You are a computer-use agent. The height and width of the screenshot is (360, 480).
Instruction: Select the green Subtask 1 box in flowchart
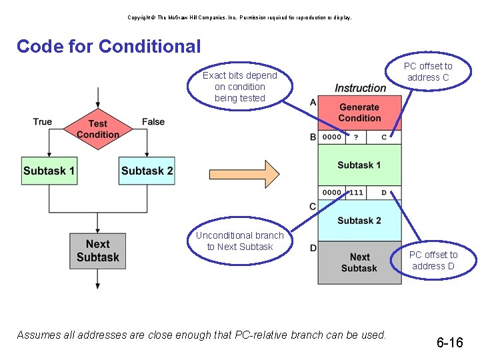pyautogui.click(x=49, y=171)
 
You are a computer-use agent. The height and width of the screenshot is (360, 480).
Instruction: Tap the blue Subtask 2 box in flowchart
pyautogui.click(x=147, y=171)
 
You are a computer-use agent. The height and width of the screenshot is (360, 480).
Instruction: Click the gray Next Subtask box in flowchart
pyautogui.click(x=97, y=251)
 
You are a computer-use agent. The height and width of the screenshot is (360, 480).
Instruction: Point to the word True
pyautogui.click(x=42, y=121)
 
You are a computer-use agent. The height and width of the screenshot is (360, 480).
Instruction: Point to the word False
pyautogui.click(x=153, y=121)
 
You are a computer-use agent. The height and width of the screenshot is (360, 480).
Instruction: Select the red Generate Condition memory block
pyautogui.click(x=359, y=113)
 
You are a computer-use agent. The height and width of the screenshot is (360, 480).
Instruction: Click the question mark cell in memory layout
pyautogui.click(x=356, y=137)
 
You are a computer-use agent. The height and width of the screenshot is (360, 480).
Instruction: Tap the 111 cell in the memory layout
pyautogui.click(x=356, y=193)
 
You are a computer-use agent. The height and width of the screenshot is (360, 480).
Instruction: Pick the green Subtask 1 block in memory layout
pyautogui.click(x=359, y=165)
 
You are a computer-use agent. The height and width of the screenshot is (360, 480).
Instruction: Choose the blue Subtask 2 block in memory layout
pyautogui.click(x=359, y=221)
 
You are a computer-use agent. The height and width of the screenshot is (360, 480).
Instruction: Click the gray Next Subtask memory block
pyautogui.click(x=359, y=262)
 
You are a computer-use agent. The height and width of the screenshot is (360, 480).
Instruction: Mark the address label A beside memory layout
pyautogui.click(x=313, y=102)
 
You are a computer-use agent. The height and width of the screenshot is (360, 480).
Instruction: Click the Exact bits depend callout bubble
pyautogui.click(x=240, y=87)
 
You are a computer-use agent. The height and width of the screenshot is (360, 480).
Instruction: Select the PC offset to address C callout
pyautogui.click(x=428, y=71)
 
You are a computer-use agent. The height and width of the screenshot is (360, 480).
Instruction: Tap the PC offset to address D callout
pyautogui.click(x=433, y=260)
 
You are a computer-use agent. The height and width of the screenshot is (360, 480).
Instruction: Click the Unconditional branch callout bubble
pyautogui.click(x=240, y=241)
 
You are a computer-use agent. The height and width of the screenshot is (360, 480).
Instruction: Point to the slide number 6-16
pyautogui.click(x=450, y=343)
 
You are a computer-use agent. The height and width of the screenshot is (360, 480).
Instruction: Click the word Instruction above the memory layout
pyautogui.click(x=360, y=88)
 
